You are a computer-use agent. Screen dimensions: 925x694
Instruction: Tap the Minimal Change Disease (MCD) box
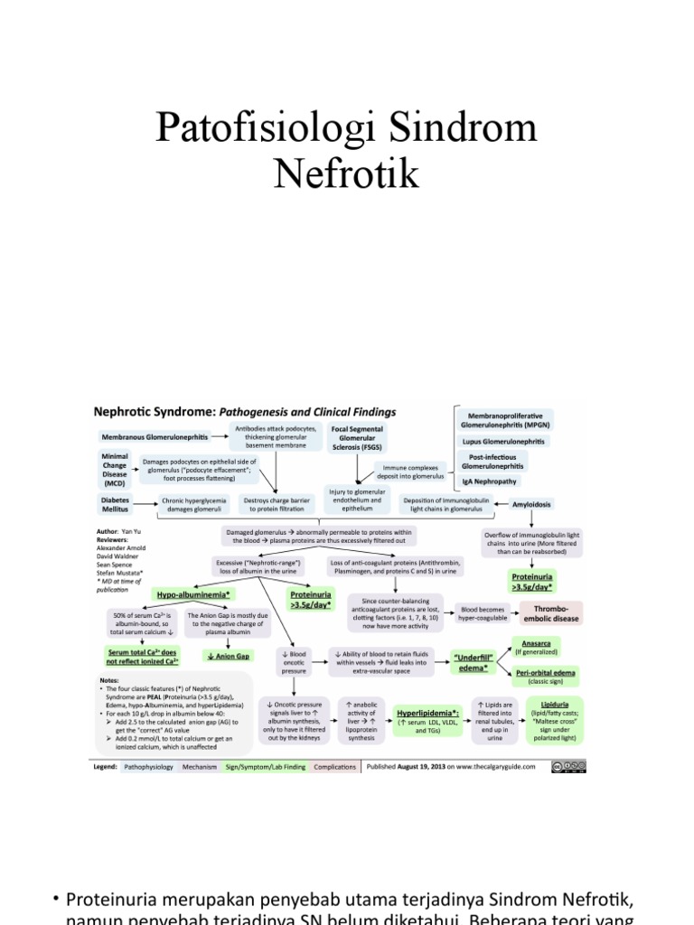(115, 470)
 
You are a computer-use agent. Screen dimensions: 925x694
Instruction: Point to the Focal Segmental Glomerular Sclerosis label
(357, 438)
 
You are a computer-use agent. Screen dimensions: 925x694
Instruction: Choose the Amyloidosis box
(532, 504)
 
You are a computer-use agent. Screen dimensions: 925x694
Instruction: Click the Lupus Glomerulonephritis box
(503, 442)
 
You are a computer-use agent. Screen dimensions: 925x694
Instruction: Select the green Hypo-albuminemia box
(193, 595)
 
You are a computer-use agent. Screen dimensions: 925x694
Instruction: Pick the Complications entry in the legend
(334, 767)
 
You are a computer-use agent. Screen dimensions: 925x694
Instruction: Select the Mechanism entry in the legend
(199, 767)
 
